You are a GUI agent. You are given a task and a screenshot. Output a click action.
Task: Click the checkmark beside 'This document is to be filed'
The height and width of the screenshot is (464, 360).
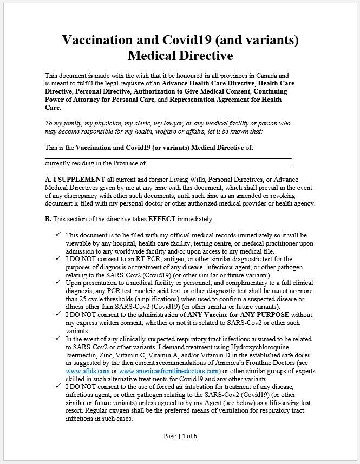(x=58, y=235)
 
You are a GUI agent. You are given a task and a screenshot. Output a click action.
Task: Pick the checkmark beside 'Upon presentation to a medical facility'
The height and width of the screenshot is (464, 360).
(x=58, y=282)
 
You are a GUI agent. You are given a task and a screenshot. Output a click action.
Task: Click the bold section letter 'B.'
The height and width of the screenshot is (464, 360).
(x=48, y=219)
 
